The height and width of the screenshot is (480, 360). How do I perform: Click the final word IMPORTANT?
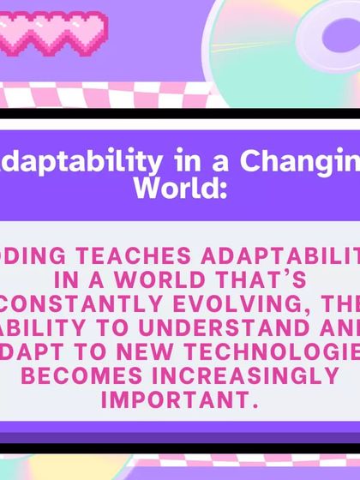pyautogui.click(x=179, y=400)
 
